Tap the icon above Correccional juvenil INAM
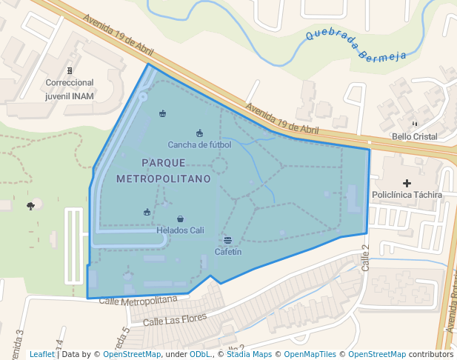tap(70, 71)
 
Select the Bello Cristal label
tap(414, 136)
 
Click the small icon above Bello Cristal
tap(414, 124)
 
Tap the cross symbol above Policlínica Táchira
tap(406, 183)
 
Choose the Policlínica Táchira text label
tap(407, 195)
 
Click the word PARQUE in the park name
tap(163, 162)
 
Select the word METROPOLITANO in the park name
tap(163, 179)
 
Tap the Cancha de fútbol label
tap(199, 144)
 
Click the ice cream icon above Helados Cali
tap(181, 219)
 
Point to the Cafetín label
tap(228, 252)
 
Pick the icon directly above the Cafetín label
tap(227, 240)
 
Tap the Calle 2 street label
tap(364, 259)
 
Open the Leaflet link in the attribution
tap(41, 354)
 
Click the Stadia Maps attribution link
tap(248, 354)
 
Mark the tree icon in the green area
tap(30, 206)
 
